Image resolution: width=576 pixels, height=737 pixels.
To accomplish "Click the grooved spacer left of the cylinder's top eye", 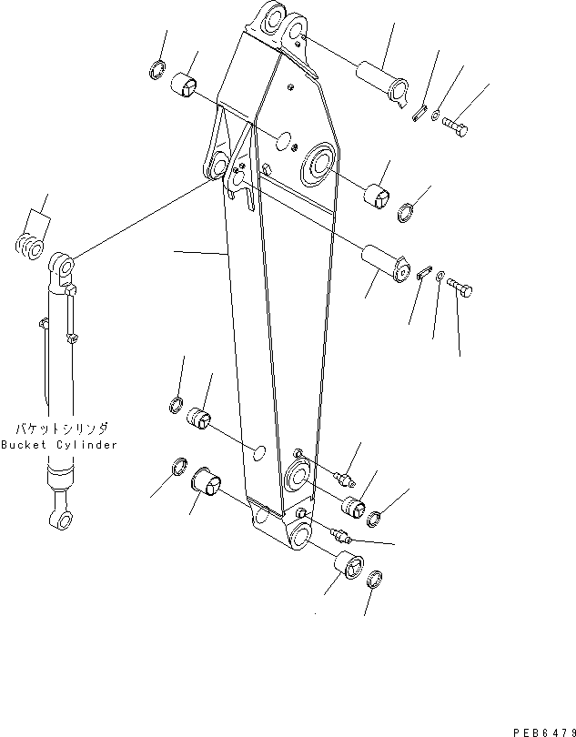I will coord(31,246).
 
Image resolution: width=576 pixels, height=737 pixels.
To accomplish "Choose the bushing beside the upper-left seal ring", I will coord(186,85).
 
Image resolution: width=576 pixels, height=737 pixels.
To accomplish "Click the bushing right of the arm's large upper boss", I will coord(378,195).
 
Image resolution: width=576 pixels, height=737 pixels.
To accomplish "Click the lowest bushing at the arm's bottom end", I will coord(346,565).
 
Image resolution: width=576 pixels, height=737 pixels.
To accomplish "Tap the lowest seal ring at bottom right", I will coord(376,580).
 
